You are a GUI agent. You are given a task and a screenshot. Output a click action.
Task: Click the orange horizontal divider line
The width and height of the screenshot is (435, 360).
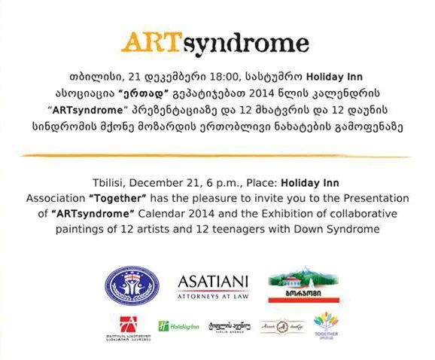(x=217, y=154)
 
